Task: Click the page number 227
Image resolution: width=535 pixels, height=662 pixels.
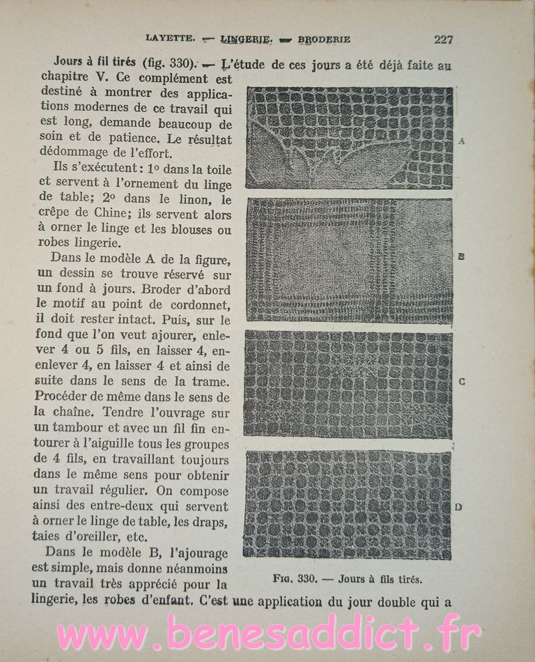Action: pos(443,40)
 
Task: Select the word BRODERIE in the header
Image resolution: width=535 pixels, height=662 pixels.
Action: pos(324,40)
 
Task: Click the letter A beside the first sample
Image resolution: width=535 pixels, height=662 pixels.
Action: pos(462,141)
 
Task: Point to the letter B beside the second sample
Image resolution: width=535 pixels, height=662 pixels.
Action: pos(461,256)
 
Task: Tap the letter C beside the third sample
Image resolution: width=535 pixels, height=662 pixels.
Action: pos(462,382)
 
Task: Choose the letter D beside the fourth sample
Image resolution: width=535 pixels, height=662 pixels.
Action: pos(458,507)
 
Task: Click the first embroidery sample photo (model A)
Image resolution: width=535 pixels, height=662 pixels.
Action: pos(349,138)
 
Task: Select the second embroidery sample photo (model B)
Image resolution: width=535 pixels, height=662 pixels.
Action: pos(349,261)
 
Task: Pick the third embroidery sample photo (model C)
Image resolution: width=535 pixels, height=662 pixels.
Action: pos(348,384)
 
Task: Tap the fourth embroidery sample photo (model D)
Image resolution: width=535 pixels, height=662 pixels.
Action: pos(347,505)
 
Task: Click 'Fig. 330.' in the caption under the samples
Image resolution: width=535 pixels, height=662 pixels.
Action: pos(296,578)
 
